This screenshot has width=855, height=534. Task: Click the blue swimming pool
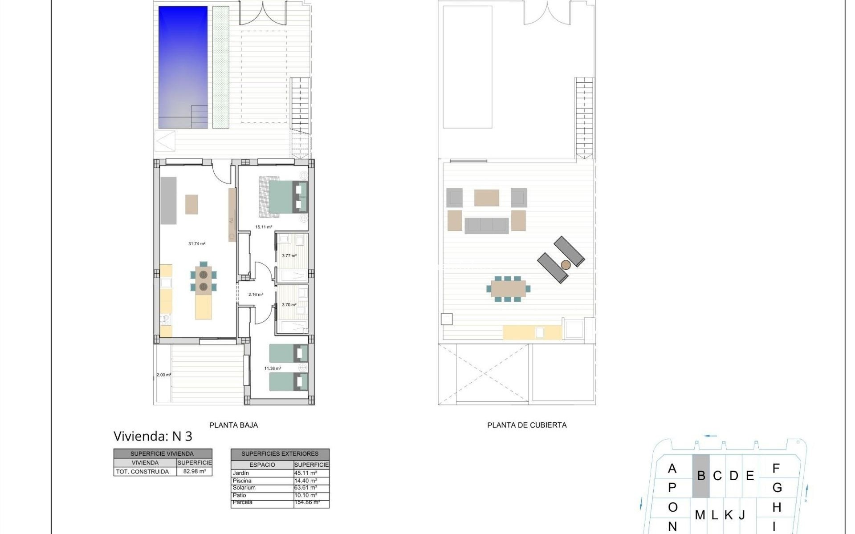[183, 67]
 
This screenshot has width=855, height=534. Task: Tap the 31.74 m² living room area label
[197, 244]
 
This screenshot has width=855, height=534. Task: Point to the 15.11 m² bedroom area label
[264, 227]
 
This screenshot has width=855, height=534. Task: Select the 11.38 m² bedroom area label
[273, 368]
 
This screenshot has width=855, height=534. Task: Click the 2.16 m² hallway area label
[256, 295]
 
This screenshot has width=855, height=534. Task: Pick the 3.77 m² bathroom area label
[289, 256]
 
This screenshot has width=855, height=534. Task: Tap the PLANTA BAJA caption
[233, 425]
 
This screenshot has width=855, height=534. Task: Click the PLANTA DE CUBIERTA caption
[527, 425]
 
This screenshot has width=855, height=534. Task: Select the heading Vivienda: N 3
[153, 436]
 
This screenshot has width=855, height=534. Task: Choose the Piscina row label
[242, 481]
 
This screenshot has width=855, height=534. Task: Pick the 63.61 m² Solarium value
[305, 488]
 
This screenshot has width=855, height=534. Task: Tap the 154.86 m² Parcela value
[307, 502]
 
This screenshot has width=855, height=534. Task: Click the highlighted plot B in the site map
[701, 476]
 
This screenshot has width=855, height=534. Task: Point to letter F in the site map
[776, 468]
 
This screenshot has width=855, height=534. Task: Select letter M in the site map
[700, 515]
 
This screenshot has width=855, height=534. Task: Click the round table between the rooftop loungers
[566, 265]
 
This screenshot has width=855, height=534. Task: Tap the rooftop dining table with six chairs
[508, 288]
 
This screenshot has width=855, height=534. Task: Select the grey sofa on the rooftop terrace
[486, 226]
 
